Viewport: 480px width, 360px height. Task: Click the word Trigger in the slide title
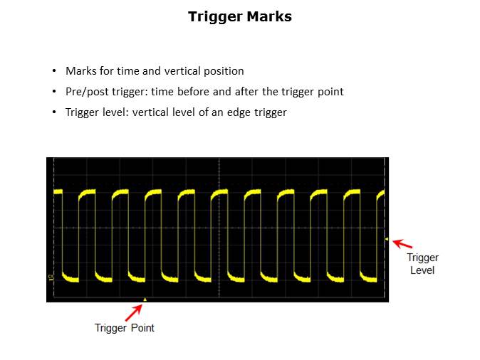point(216,17)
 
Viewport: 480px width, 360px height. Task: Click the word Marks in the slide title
point(269,16)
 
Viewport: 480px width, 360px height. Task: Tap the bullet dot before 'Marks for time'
point(54,71)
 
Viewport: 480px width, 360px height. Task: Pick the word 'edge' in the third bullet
point(239,112)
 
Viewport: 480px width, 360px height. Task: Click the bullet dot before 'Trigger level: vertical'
point(54,112)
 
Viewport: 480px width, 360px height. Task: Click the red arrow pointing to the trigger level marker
point(402,244)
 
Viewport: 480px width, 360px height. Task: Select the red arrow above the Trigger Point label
point(134,312)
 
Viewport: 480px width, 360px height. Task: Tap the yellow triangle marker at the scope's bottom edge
point(145,300)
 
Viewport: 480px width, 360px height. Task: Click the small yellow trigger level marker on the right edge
point(386,239)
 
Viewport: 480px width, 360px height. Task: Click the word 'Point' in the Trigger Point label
point(142,328)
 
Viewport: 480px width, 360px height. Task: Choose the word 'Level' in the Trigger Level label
point(422,270)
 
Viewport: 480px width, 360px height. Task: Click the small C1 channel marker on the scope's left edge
point(51,277)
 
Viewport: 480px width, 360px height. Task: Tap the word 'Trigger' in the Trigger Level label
point(423,258)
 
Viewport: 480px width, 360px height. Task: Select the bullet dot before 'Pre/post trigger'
point(54,92)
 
